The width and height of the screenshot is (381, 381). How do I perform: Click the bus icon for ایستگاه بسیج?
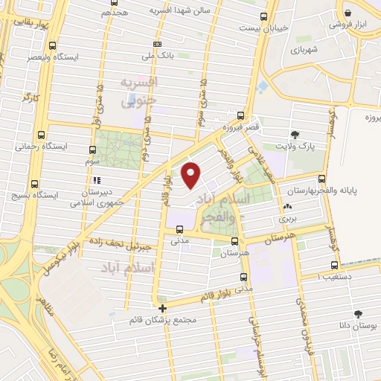(34, 184)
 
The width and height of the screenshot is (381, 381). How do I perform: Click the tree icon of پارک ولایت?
(296, 135)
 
